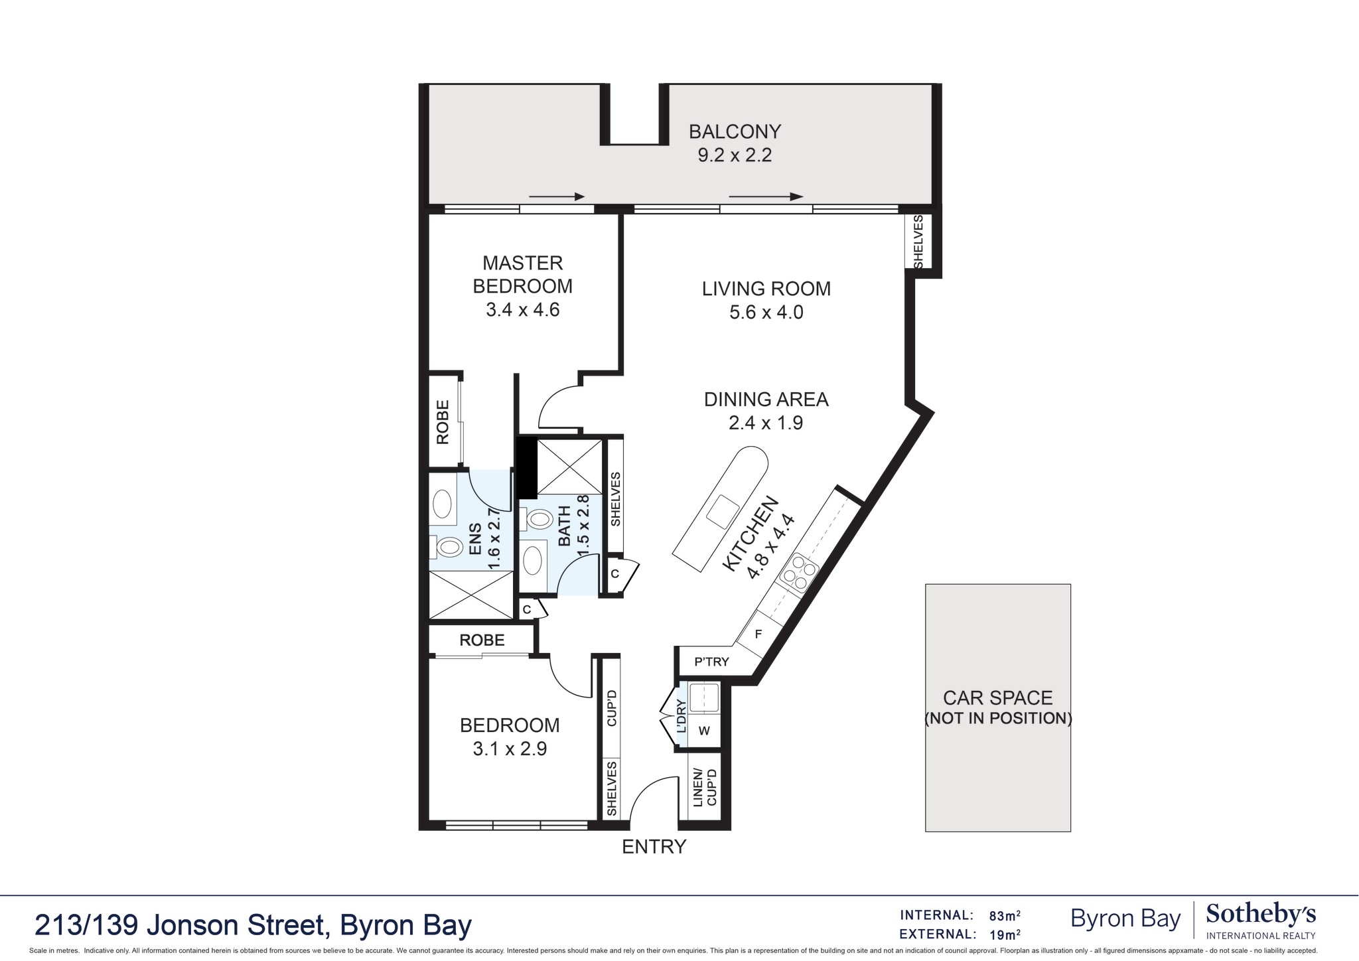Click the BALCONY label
coord(735,131)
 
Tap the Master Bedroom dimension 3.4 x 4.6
coord(523,310)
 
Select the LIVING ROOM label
coord(766,289)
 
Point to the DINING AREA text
coord(766,400)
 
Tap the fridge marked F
coord(758,634)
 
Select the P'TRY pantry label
coord(711,662)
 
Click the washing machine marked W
coord(704,731)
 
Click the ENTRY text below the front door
coord(654,847)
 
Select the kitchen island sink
coord(722,512)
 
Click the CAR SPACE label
coord(997,698)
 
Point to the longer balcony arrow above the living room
coord(766,196)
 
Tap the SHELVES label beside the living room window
coord(918,242)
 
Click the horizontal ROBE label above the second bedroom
coord(482,640)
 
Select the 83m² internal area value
coord(1004,916)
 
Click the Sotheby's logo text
coord(1260,915)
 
